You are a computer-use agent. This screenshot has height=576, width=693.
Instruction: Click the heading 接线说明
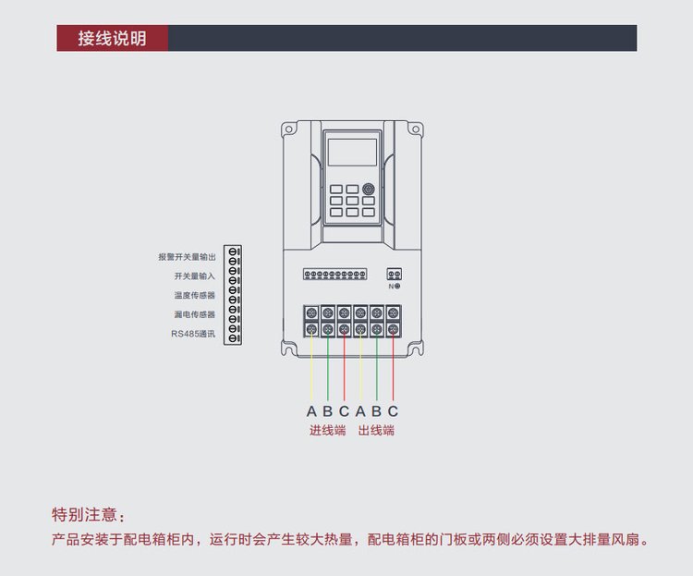(112, 38)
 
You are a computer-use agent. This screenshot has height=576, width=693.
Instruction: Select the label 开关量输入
(194, 276)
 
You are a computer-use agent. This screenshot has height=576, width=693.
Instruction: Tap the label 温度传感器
(194, 296)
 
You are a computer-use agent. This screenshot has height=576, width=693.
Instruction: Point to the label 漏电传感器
(194, 315)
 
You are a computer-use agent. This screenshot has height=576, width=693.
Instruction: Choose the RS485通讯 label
(192, 335)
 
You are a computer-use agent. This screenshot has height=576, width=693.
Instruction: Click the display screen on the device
(352, 152)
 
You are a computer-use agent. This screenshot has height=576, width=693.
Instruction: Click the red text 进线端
(327, 431)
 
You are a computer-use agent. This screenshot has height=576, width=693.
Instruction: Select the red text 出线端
(376, 431)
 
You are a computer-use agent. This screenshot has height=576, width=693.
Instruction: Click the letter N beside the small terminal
(391, 287)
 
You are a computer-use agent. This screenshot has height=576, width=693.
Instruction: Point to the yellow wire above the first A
(311, 370)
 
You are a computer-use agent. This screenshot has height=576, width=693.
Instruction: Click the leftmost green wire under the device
(328, 370)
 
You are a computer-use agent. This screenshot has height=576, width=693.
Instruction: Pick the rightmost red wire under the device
(393, 370)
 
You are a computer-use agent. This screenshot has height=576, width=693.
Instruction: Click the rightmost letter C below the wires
(393, 411)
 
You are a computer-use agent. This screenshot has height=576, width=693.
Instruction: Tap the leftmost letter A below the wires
(311, 411)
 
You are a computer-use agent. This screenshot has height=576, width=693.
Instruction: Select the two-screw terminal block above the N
(394, 275)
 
